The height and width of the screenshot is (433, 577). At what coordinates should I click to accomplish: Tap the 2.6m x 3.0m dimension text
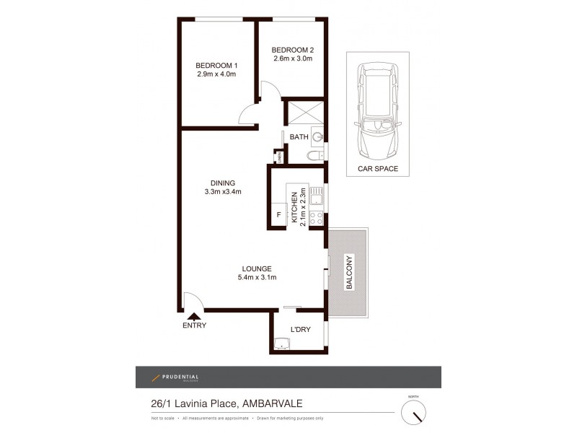[291, 58]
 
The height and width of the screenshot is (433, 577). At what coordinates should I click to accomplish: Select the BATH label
[299, 136]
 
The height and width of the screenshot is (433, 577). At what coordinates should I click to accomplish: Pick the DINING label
[223, 183]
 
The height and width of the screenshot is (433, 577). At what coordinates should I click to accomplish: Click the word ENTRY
[194, 325]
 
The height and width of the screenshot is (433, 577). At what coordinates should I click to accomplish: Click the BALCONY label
[349, 273]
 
